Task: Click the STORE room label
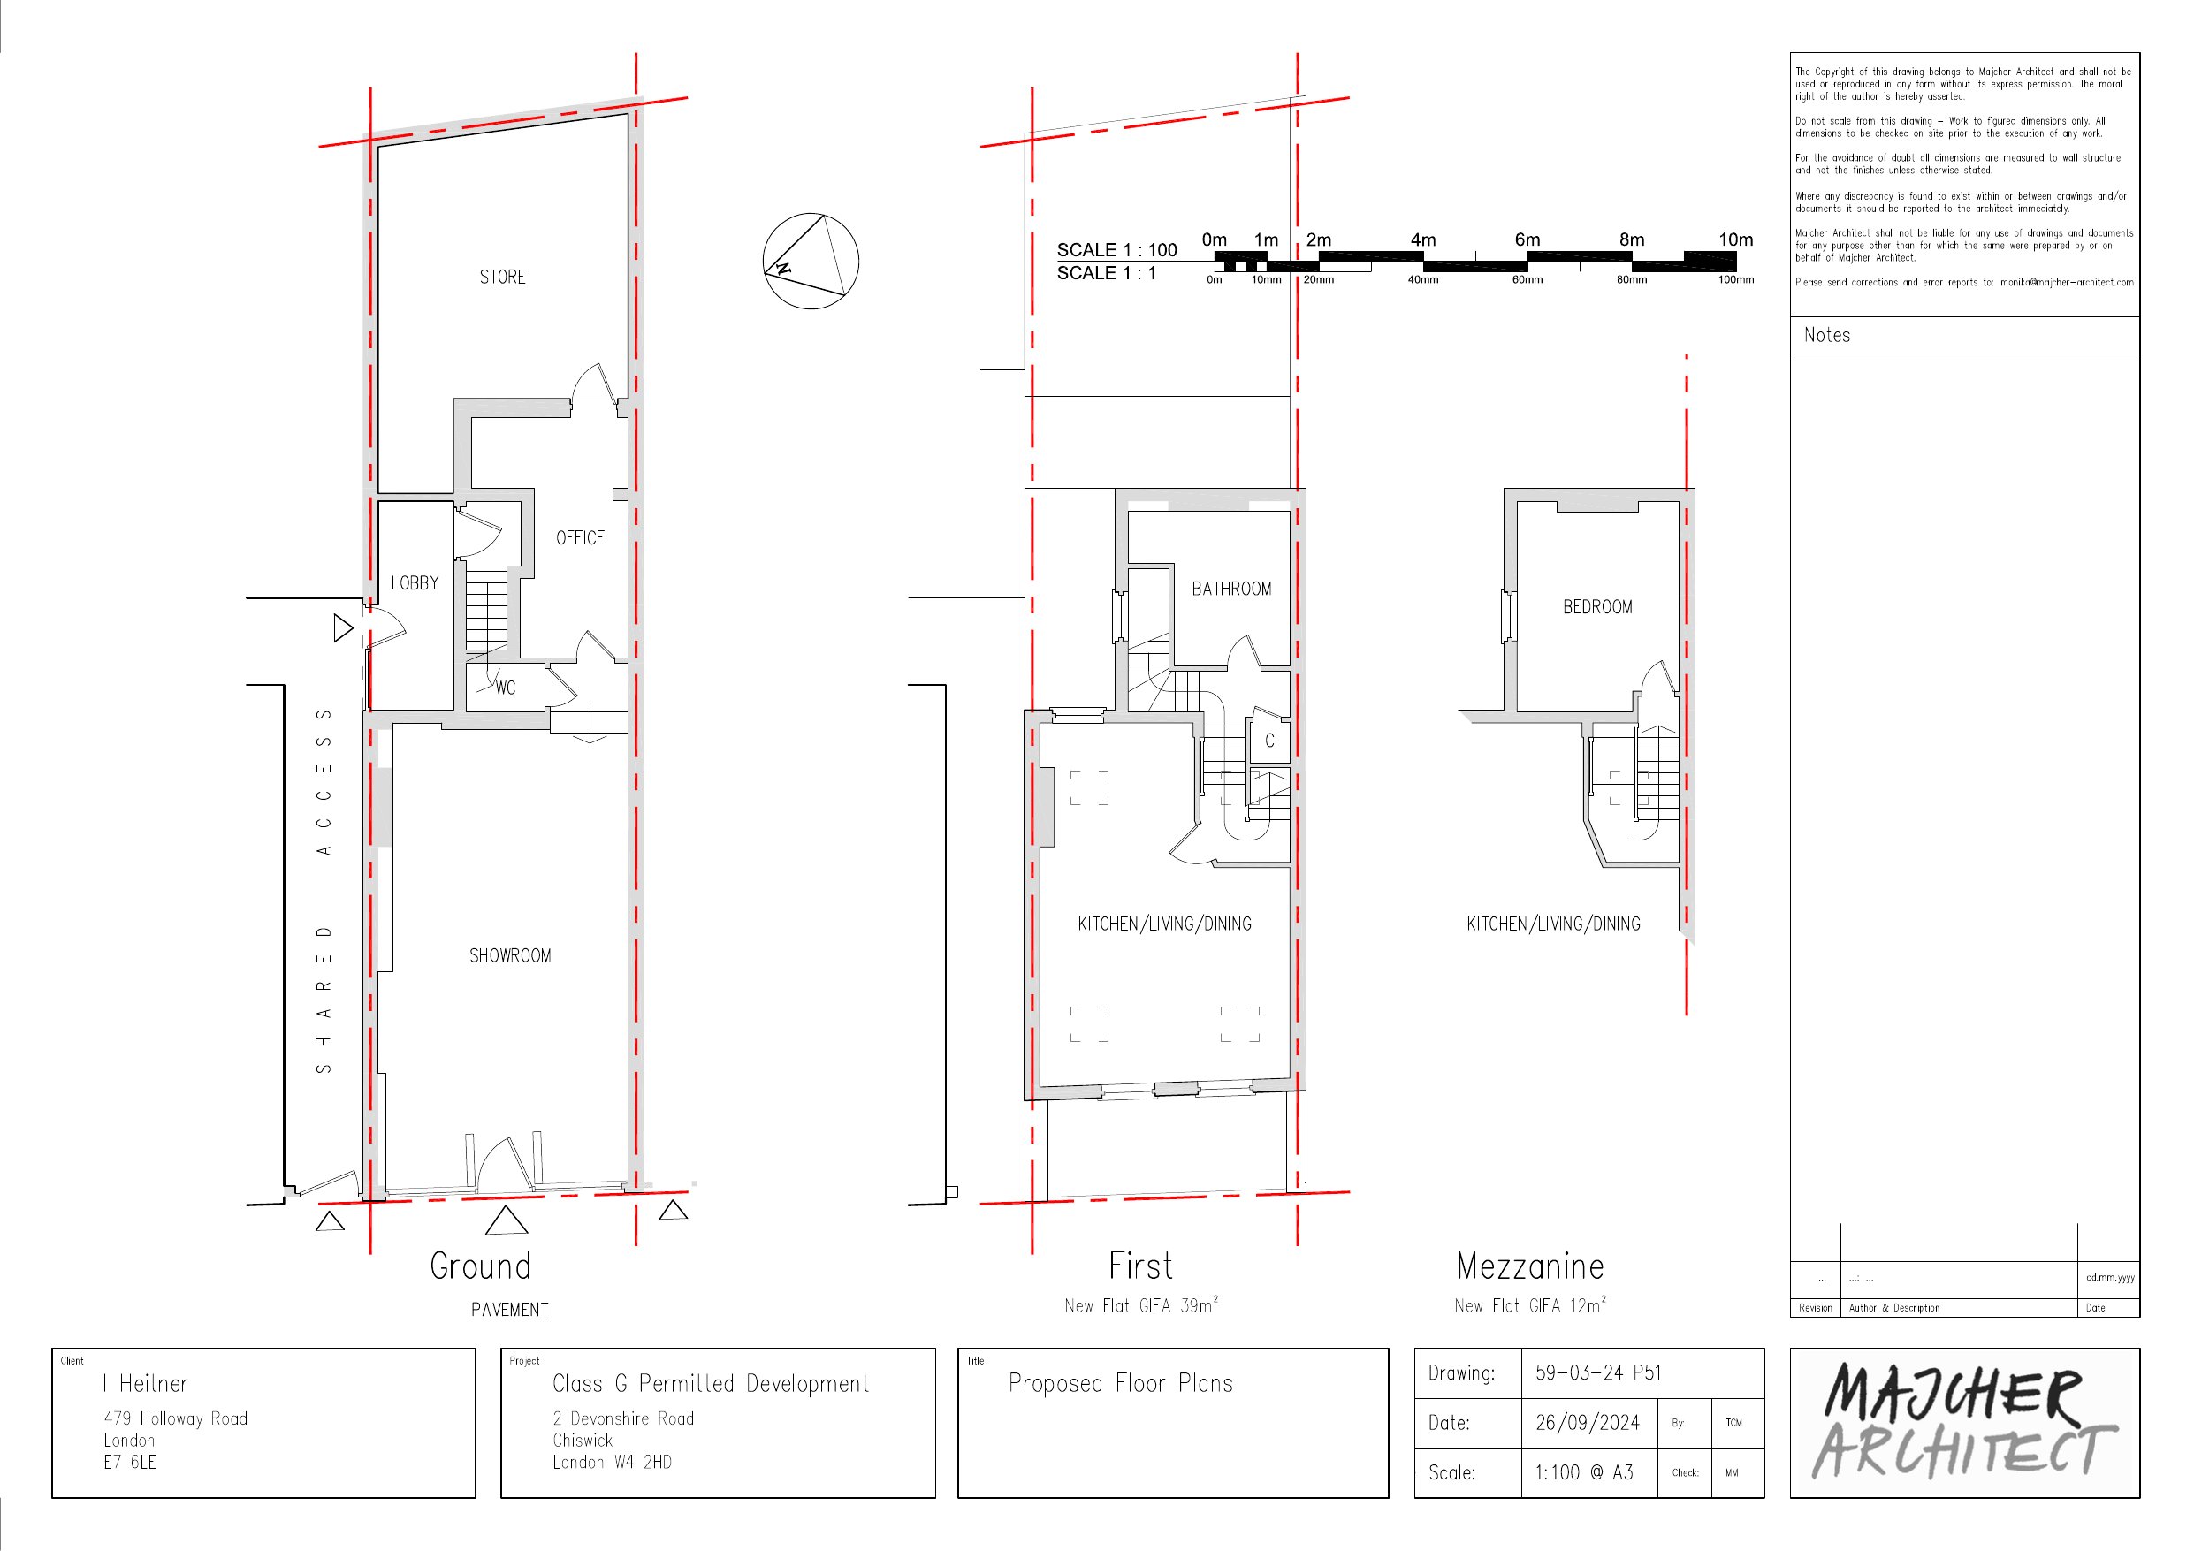503,278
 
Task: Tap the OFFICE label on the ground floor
580,538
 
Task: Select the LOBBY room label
415,583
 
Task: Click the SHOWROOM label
510,955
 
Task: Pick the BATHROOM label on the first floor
1230,589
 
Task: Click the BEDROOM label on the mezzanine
1596,607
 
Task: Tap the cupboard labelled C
1269,741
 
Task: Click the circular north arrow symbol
811,261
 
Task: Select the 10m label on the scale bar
1735,239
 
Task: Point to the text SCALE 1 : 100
1116,250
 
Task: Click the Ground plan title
480,1266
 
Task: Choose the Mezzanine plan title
1530,1266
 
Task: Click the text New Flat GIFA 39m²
1141,1305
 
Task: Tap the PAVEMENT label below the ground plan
509,1311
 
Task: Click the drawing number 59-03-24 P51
1597,1373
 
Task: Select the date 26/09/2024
1588,1423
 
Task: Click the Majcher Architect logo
1963,1423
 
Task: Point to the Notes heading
1826,336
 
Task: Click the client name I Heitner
145,1384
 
